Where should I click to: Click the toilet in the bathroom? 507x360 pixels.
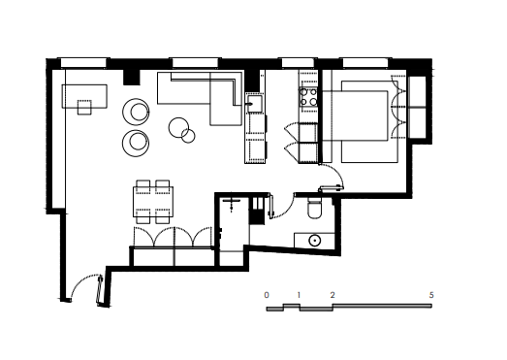(314, 208)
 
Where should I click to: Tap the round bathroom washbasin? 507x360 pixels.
(314, 241)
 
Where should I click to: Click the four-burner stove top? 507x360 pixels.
(308, 97)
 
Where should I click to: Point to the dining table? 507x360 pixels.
(153, 202)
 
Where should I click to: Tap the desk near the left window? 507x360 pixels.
(84, 96)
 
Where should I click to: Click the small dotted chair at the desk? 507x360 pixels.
(84, 107)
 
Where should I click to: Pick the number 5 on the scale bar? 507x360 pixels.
(431, 295)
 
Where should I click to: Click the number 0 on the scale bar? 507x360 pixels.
(267, 295)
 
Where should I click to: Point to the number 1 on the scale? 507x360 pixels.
(299, 295)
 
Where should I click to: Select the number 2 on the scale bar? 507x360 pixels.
(333, 295)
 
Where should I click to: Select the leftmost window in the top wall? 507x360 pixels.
(83, 63)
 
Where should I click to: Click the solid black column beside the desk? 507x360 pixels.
(132, 77)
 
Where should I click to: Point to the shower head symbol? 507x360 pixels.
(232, 204)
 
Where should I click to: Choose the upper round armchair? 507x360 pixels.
(136, 112)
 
